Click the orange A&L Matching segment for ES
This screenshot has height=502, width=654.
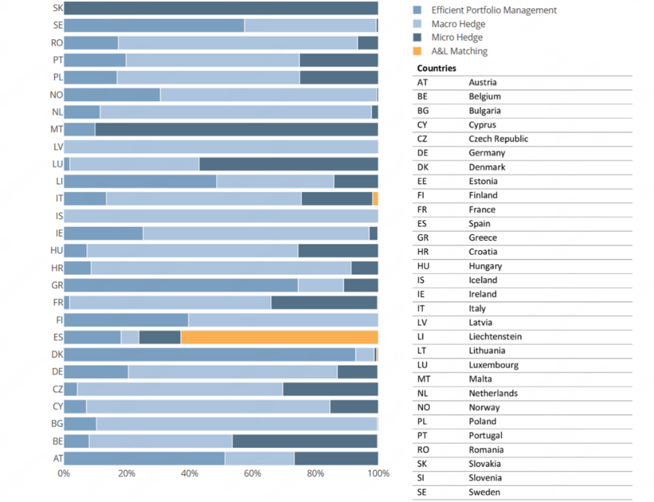click(x=279, y=337)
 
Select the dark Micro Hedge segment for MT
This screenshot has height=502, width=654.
click(x=236, y=129)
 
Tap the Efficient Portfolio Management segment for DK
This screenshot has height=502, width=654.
click(x=210, y=354)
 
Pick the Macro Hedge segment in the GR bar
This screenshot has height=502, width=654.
click(x=321, y=285)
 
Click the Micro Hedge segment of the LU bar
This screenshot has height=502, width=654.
click(x=288, y=164)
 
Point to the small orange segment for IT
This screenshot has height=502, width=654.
click(x=376, y=198)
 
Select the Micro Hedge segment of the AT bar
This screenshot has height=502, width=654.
click(x=336, y=458)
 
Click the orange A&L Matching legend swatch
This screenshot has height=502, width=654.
click(x=418, y=51)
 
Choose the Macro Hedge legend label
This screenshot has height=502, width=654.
click(x=458, y=24)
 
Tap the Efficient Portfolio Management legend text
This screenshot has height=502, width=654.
click(x=494, y=10)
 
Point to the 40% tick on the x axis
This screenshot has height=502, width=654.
click(x=189, y=474)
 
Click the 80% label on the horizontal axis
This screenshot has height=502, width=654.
click(x=315, y=474)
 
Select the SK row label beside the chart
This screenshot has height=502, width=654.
click(x=58, y=8)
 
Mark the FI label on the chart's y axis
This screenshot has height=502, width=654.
click(x=58, y=320)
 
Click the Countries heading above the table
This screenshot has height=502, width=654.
click(x=436, y=69)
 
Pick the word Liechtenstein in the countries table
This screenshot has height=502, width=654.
click(x=495, y=337)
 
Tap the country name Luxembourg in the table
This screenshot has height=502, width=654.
click(x=493, y=365)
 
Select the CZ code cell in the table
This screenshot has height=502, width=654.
click(x=422, y=139)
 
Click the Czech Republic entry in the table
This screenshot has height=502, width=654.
click(x=498, y=139)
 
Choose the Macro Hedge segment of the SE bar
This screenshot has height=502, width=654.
click(x=310, y=25)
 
